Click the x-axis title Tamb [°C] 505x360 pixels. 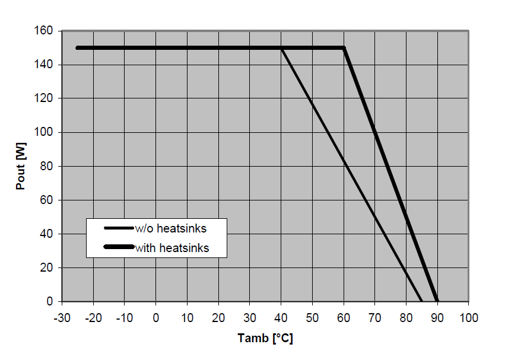click(265, 339)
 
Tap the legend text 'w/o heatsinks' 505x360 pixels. click(171, 228)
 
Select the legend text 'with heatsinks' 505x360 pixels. click(171, 248)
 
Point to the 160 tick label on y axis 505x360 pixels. click(46, 30)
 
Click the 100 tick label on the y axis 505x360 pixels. click(46, 132)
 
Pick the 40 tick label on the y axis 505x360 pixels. click(48, 234)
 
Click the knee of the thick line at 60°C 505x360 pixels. click(344, 48)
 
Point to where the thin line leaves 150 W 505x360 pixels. click(281, 48)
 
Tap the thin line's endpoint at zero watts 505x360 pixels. click(421, 301)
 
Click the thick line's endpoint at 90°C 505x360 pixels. click(437, 301)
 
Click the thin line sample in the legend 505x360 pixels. click(118, 228)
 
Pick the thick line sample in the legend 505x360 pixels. click(118, 247)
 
